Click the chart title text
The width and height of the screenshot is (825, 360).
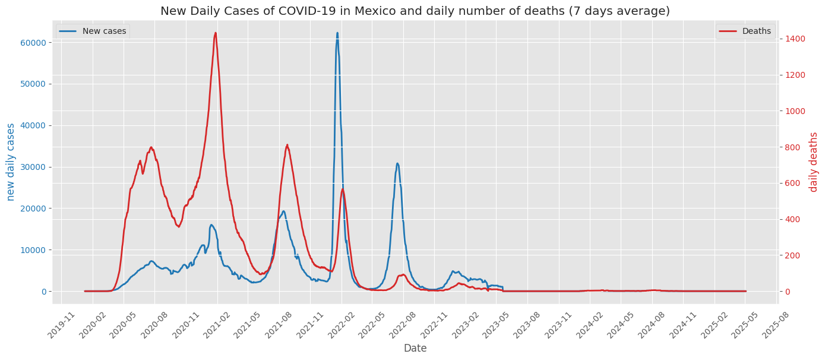(415, 11)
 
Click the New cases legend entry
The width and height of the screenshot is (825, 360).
(104, 31)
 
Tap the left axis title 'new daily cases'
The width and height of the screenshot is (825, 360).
(11, 162)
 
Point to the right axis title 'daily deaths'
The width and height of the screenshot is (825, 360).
(814, 162)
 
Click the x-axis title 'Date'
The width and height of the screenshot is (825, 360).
(415, 348)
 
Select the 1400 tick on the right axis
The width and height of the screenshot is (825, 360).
(794, 39)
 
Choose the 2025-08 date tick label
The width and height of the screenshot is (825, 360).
(773, 324)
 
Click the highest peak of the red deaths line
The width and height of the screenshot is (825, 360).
(215, 33)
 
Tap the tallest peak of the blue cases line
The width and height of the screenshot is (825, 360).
(337, 33)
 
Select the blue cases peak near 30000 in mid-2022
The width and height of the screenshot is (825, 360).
(397, 163)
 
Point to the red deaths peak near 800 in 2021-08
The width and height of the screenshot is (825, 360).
(287, 144)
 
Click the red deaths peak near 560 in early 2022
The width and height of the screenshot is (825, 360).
(343, 189)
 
